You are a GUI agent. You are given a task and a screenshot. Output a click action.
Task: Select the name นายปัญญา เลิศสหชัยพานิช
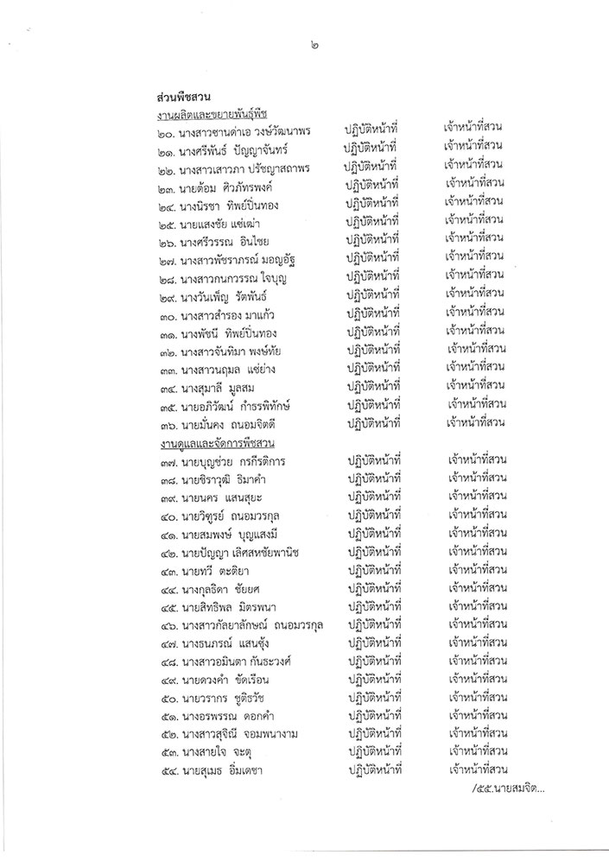coord(251,554)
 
